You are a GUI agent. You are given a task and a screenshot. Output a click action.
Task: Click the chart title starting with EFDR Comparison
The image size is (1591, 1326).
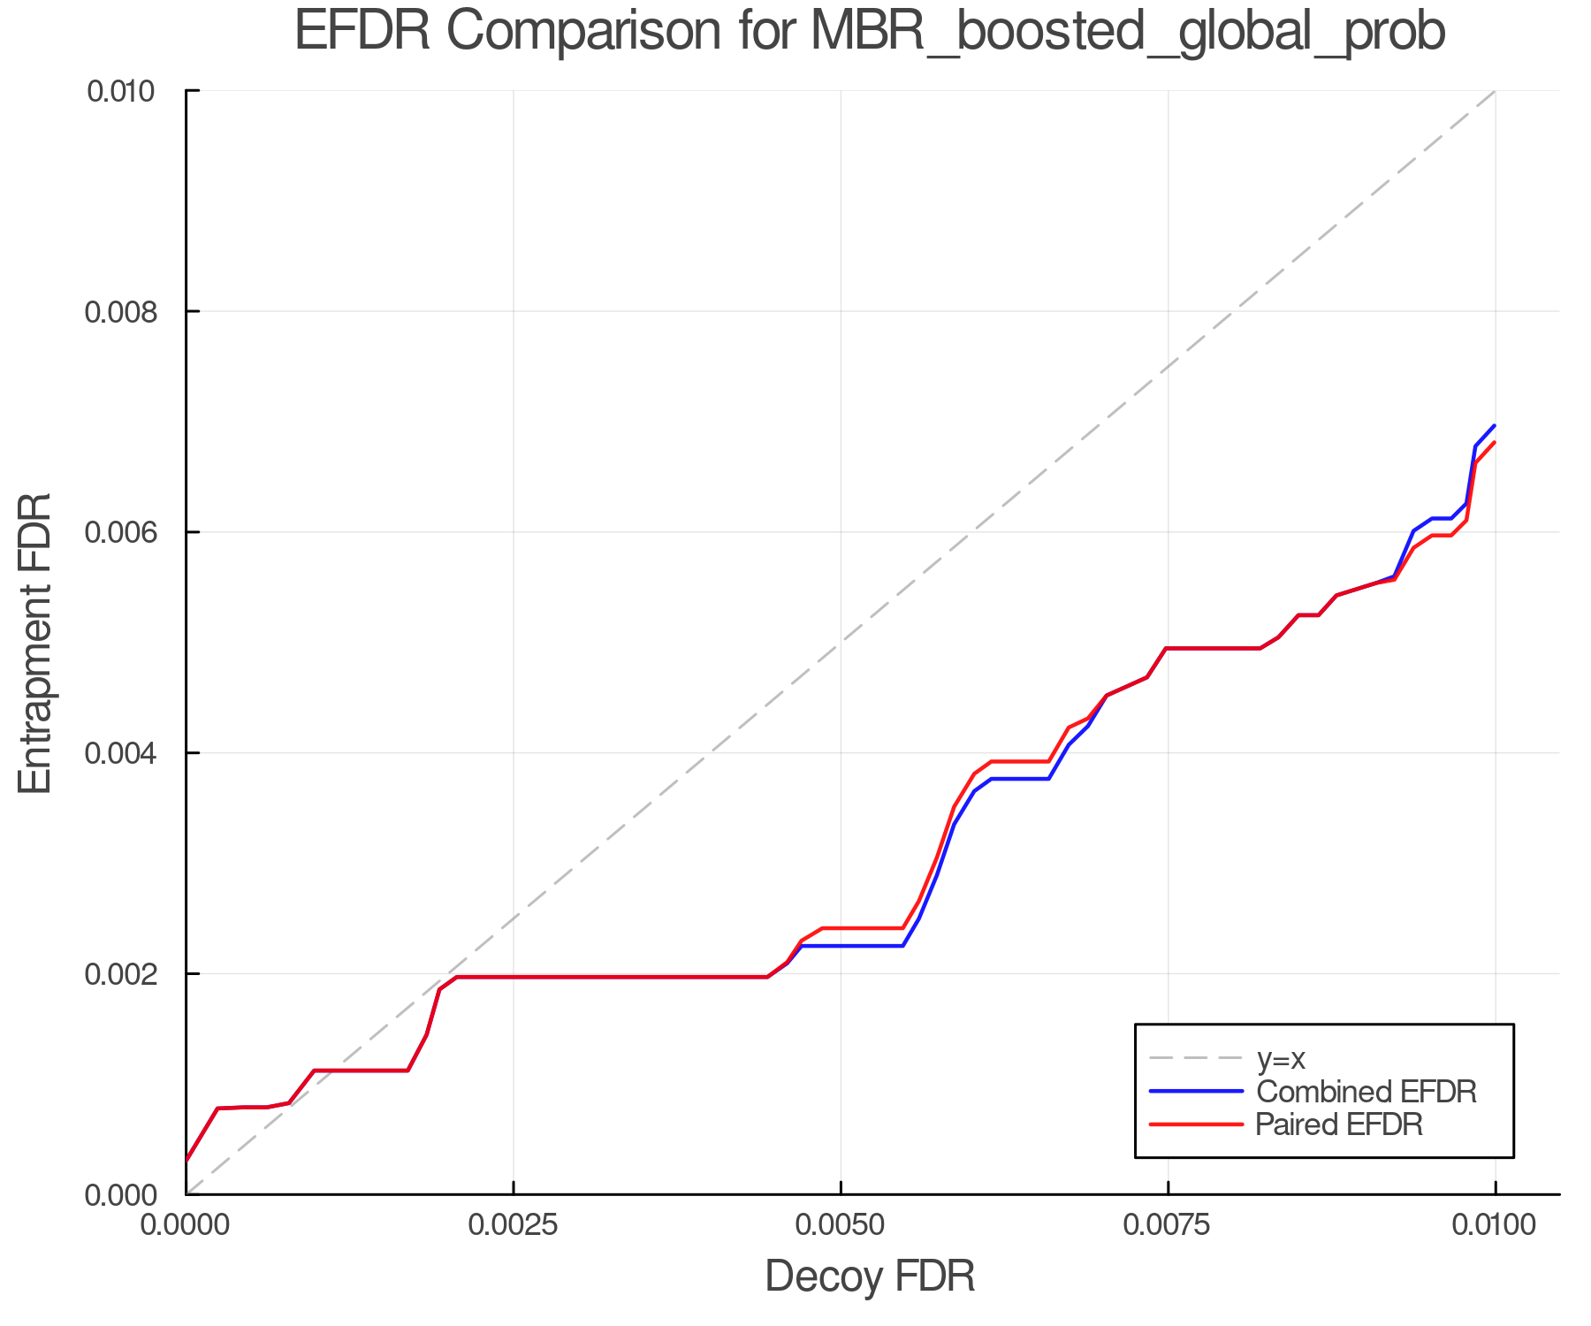click(870, 32)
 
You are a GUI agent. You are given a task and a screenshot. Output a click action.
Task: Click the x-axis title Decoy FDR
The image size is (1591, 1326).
click(870, 1276)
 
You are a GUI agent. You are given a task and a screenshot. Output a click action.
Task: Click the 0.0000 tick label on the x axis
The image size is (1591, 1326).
click(186, 1226)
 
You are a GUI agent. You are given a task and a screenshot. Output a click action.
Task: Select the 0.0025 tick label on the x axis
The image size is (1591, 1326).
click(514, 1226)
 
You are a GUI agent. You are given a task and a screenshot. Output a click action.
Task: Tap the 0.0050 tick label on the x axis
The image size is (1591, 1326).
click(841, 1226)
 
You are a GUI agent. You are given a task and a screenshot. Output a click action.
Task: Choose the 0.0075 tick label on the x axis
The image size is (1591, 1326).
click(1168, 1226)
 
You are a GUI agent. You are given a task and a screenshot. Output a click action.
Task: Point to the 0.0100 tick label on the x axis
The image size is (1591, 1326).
click(1495, 1226)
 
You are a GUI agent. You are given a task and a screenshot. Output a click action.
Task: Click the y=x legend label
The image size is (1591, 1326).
click(1281, 1058)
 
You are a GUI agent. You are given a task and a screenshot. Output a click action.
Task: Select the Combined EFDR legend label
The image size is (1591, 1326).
click(1366, 1092)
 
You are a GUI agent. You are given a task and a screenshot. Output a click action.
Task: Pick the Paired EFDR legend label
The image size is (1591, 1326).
click(1339, 1124)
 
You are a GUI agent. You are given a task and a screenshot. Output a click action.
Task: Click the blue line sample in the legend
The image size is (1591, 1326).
click(1196, 1092)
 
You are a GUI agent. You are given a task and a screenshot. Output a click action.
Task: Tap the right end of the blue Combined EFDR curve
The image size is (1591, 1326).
click(1494, 426)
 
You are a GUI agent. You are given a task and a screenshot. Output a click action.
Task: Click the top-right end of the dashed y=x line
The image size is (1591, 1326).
click(1494, 91)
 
